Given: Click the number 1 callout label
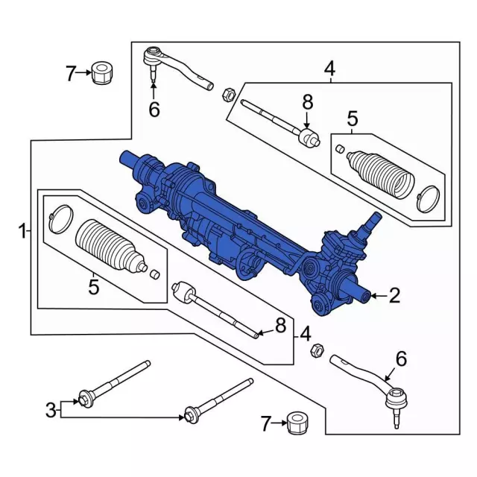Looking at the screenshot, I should pyautogui.click(x=22, y=231).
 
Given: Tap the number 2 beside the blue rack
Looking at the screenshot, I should pyautogui.click(x=394, y=296).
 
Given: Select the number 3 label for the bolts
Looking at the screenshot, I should pyautogui.click(x=51, y=408).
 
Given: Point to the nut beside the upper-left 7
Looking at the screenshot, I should pyautogui.click(x=101, y=73).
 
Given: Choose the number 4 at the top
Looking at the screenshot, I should pyautogui.click(x=329, y=70).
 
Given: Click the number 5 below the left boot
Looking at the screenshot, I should pyautogui.click(x=93, y=286).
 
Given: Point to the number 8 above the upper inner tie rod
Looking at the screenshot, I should pyautogui.click(x=306, y=103).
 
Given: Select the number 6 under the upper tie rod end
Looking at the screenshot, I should pyautogui.click(x=154, y=110).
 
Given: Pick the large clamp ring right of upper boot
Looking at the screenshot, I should pyautogui.click(x=429, y=196).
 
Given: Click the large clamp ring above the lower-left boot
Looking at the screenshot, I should pyautogui.click(x=57, y=215).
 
